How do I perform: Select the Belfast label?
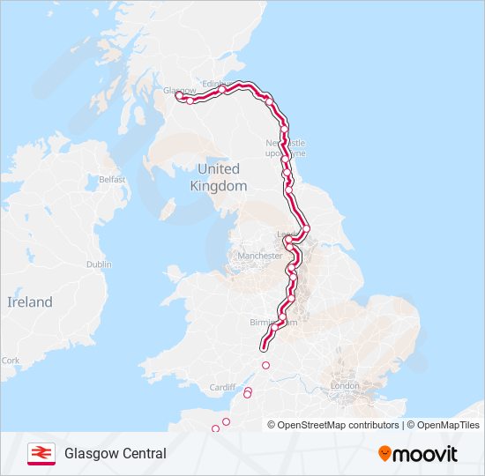pyautogui.click(x=112, y=179)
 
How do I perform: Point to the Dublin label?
pyautogui.click(x=99, y=264)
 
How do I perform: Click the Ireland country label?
pyautogui.click(x=30, y=301)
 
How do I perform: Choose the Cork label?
pyautogui.click(x=11, y=361)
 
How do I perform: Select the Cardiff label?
pyautogui.click(x=223, y=387)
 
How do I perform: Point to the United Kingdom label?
pyautogui.click(x=219, y=177)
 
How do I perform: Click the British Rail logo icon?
pyautogui.click(x=40, y=453)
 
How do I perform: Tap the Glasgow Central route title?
pyautogui.click(x=115, y=454)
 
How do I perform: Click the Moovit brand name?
pyautogui.click(x=426, y=454)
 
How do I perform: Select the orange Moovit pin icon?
pyautogui.click(x=385, y=454)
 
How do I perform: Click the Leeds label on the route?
pyautogui.click(x=287, y=235)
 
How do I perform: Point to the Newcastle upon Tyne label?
pyautogui.click(x=287, y=146)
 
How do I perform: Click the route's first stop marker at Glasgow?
pyautogui.click(x=180, y=96)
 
